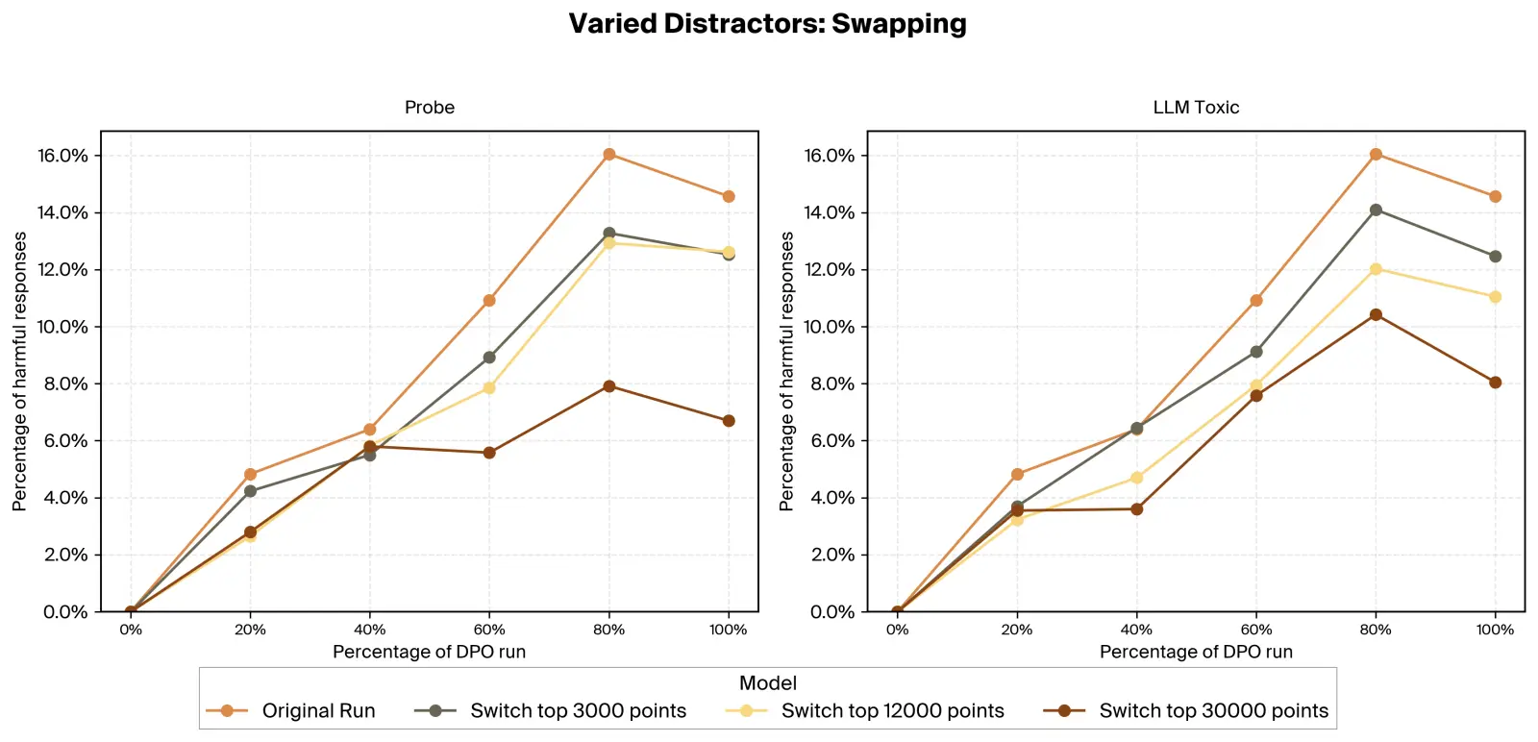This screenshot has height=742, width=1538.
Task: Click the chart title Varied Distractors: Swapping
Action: click(x=767, y=23)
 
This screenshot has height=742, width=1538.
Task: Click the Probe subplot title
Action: click(x=429, y=108)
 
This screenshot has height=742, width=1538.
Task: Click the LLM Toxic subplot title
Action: click(x=1196, y=108)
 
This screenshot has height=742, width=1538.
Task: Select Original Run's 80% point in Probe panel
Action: click(x=608, y=154)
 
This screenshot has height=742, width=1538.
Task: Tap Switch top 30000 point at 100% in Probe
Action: click(x=729, y=421)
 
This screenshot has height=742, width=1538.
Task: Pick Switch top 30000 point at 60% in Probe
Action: click(x=489, y=453)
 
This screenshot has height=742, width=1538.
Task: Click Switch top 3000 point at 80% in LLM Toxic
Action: click(x=1376, y=210)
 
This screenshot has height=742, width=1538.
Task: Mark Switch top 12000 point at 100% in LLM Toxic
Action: click(x=1495, y=297)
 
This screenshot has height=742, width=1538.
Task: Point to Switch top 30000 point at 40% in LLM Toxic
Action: click(x=1136, y=509)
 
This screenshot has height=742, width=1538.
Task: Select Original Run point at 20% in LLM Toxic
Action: click(x=1017, y=474)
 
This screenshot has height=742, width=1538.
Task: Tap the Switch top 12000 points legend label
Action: click(x=892, y=711)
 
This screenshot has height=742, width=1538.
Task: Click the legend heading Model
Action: click(x=767, y=683)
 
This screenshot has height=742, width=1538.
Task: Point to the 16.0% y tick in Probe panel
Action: click(x=62, y=156)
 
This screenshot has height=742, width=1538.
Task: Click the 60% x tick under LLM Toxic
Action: click(x=1255, y=630)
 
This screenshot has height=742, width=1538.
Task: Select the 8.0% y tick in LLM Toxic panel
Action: click(x=830, y=383)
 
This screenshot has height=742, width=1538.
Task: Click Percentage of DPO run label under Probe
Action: click(x=429, y=652)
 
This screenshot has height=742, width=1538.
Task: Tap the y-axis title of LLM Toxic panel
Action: click(x=786, y=371)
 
